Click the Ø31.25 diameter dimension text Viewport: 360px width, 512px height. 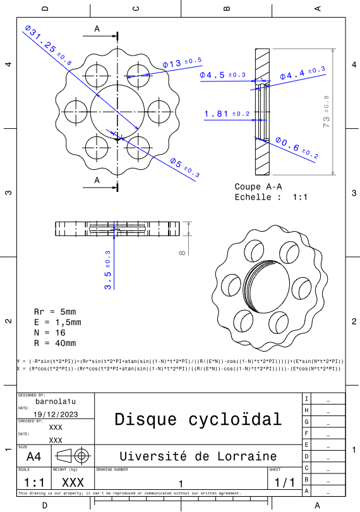[x=48, y=45]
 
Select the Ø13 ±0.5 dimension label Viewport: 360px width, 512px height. [x=182, y=63]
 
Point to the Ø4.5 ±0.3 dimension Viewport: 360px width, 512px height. [x=222, y=75]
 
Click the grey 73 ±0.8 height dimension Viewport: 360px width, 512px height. [x=327, y=112]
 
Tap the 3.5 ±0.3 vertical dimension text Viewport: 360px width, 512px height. [x=108, y=270]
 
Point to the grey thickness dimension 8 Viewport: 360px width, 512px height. [x=183, y=252]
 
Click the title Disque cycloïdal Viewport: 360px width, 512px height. [x=197, y=419]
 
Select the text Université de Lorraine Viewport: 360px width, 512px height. [x=198, y=456]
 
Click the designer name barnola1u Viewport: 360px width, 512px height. [x=56, y=400]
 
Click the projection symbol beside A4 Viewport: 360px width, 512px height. [x=72, y=456]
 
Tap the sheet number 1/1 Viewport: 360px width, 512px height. [x=284, y=482]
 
